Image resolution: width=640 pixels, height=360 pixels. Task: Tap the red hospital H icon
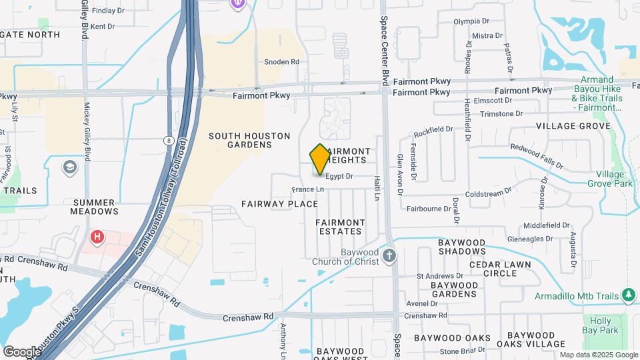pyautogui.click(x=97, y=237)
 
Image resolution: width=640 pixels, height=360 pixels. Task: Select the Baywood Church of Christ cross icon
pyautogui.click(x=390, y=255)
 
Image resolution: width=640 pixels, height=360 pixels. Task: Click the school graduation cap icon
pyautogui.click(x=70, y=167)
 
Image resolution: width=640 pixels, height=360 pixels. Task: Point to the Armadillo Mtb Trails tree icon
pyautogui.click(x=628, y=295)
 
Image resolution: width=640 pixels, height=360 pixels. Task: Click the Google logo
pyautogui.click(x=22, y=351)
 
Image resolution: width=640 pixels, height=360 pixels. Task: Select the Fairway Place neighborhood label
pyautogui.click(x=279, y=203)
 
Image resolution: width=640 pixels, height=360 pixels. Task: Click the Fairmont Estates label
pyautogui.click(x=339, y=227)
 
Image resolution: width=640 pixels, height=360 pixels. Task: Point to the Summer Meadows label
pyautogui.click(x=95, y=207)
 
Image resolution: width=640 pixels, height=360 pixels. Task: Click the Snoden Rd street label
pyautogui.click(x=281, y=62)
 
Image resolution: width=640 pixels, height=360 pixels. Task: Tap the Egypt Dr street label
pyautogui.click(x=339, y=177)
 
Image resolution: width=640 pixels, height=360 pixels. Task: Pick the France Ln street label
pyautogui.click(x=307, y=189)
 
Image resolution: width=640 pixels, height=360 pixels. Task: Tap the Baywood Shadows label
pyautogui.click(x=462, y=247)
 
